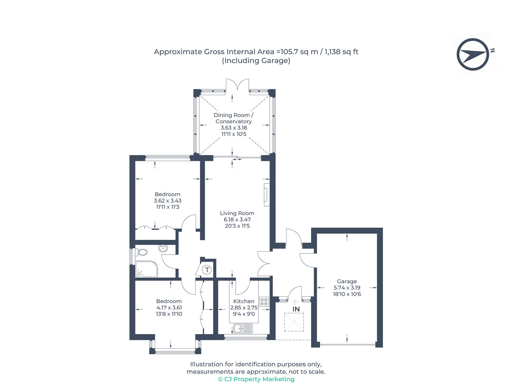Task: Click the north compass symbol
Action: (473, 54)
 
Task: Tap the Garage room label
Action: (347, 281)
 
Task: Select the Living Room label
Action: (237, 213)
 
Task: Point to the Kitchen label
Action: (244, 301)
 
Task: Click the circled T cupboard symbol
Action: (207, 270)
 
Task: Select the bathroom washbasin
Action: (163, 249)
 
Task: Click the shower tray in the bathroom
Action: (146, 269)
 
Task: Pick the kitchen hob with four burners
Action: (264, 302)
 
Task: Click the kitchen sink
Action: (243, 328)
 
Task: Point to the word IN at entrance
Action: (296, 309)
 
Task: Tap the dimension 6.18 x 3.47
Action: (237, 219)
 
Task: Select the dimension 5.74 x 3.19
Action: (347, 288)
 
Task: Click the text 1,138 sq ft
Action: (341, 52)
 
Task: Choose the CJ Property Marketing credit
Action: (256, 379)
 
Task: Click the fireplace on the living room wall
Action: (266, 195)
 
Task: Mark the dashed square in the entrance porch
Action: (294, 322)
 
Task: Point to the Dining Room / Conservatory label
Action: (234, 118)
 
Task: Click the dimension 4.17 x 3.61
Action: (169, 308)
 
